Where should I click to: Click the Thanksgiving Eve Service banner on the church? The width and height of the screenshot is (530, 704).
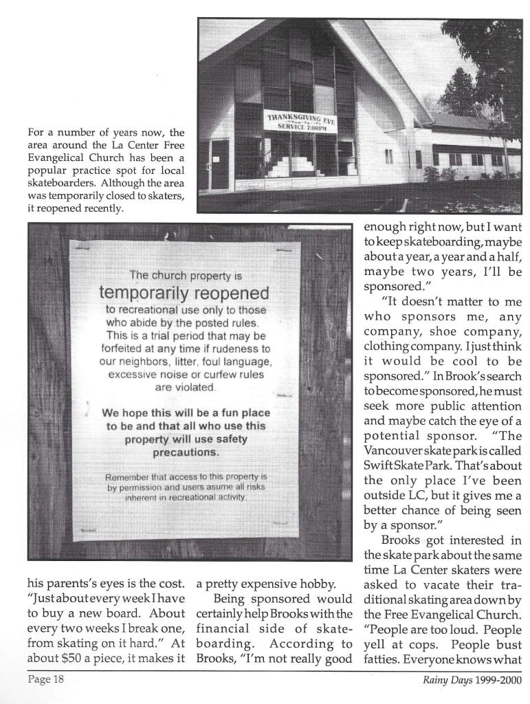(x=300, y=122)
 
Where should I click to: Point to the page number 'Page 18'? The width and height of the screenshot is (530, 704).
(x=46, y=680)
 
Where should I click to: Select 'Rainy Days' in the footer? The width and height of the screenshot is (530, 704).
(x=447, y=681)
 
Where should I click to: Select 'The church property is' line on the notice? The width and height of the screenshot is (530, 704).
(x=186, y=275)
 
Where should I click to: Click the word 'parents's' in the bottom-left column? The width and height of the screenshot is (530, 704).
(x=69, y=584)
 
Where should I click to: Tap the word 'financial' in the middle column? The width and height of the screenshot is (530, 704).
(x=221, y=628)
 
